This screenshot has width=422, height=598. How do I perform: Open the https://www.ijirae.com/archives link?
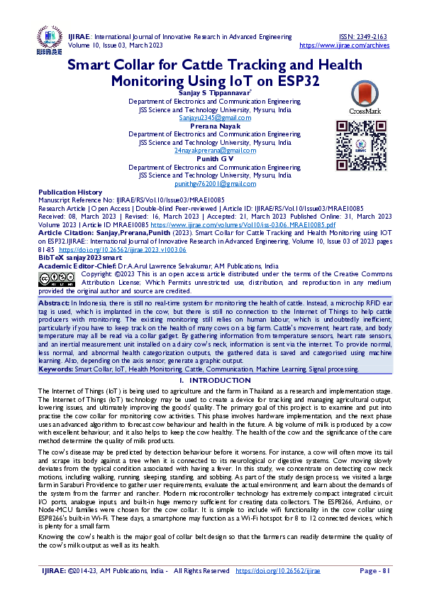click(345, 45)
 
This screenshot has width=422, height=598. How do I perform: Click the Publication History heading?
click(70, 192)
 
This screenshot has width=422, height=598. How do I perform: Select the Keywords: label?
click(55, 369)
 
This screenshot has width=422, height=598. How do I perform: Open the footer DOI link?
click(279, 571)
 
